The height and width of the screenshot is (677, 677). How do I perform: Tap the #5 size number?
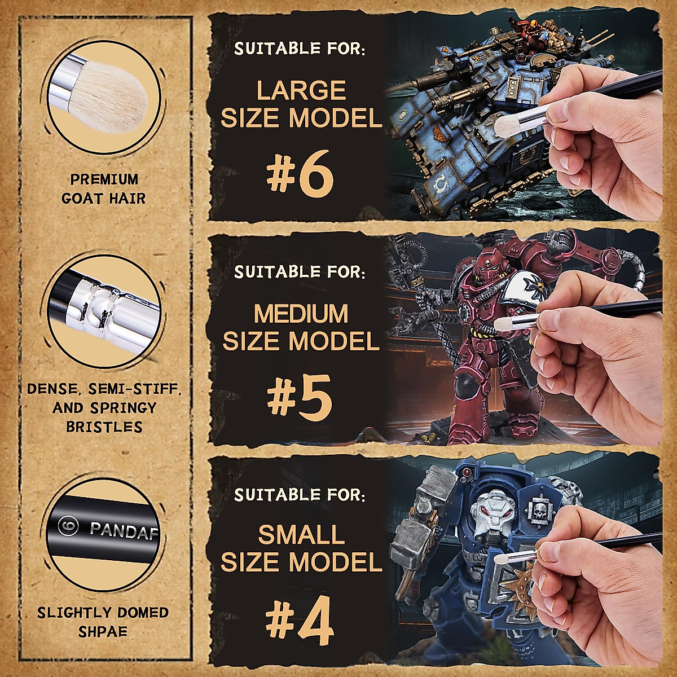coord(300,398)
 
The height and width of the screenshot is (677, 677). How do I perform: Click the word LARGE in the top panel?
coord(301,90)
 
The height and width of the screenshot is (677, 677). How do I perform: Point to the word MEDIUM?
coord(301,314)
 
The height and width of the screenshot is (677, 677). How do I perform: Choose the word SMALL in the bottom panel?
coord(301,534)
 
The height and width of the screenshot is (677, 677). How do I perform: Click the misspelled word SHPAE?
coord(103,631)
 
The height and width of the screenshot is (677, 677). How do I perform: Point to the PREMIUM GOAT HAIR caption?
coord(104,188)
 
